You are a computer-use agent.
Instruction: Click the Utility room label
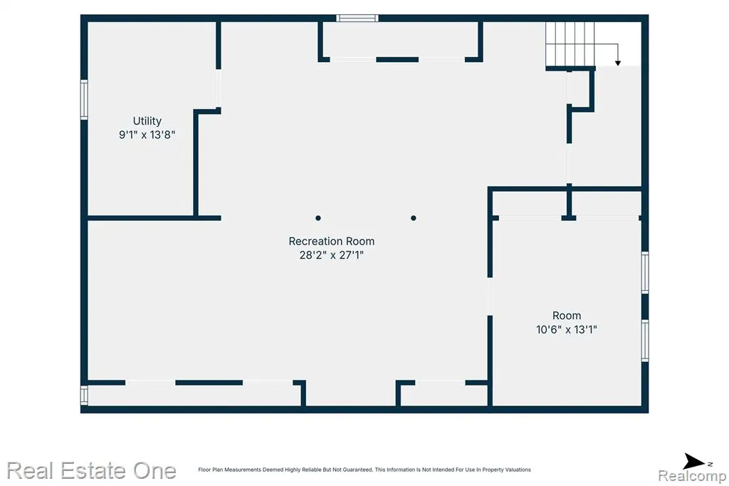(x=147, y=121)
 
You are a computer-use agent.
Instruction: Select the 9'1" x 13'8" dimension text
(x=147, y=135)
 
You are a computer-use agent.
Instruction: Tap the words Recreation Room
(x=332, y=241)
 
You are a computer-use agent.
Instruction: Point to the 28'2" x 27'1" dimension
(x=332, y=254)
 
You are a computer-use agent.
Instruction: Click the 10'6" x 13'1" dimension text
(x=566, y=329)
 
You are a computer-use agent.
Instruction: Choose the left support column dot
(x=318, y=218)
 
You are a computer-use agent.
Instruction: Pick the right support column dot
(x=414, y=218)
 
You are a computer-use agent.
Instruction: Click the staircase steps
(x=570, y=43)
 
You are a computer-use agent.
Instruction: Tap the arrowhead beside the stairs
(x=618, y=63)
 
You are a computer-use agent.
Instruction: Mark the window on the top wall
(x=357, y=18)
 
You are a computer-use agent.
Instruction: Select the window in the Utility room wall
(x=84, y=100)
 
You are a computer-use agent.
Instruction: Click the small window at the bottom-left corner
(x=84, y=395)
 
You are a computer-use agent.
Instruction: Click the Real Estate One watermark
(x=92, y=470)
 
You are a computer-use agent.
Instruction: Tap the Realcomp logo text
(x=692, y=476)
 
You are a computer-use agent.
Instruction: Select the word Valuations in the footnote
(x=518, y=470)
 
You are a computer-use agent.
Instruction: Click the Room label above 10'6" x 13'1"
(x=566, y=316)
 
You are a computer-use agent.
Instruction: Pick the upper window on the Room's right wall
(x=645, y=272)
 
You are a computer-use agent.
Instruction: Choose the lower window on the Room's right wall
(x=645, y=341)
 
